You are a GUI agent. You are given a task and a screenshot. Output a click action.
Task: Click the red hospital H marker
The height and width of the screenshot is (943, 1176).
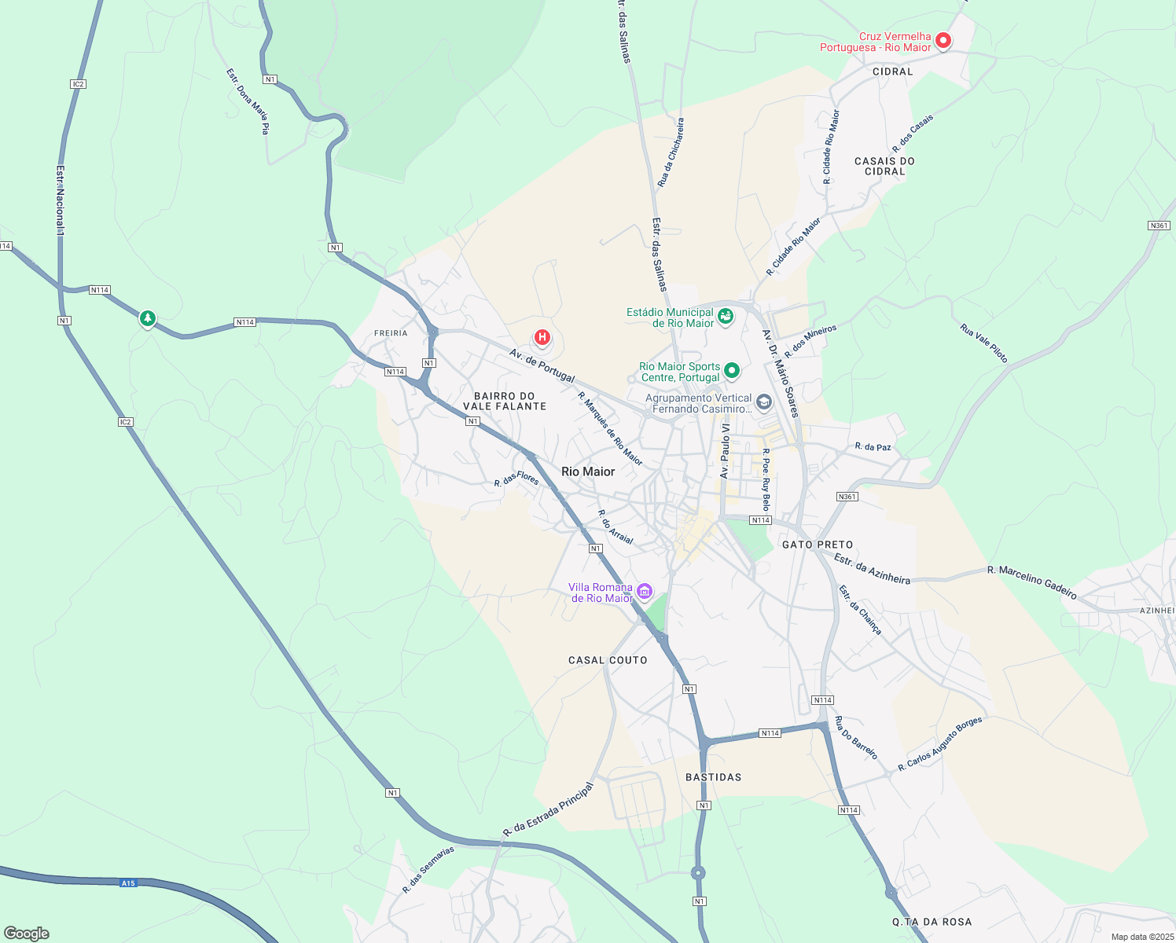point(542,338)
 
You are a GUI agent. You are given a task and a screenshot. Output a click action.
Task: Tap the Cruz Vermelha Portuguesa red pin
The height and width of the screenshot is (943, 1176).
point(943,40)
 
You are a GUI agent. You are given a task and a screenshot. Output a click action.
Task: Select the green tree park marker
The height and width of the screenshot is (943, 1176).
point(147,318)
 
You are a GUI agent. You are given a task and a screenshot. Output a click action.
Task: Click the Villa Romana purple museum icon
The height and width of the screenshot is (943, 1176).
point(645,591)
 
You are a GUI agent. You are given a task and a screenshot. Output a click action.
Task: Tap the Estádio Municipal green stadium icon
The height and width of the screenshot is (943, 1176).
point(726,317)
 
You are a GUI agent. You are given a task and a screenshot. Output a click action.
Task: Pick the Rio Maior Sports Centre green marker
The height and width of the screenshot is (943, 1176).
point(732,370)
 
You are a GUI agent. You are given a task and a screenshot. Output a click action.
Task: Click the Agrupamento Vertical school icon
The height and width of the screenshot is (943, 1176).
point(763,403)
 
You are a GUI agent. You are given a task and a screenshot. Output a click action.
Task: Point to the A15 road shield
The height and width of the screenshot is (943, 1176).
point(128,883)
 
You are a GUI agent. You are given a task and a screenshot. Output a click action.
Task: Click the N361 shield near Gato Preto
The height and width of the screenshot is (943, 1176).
point(847,497)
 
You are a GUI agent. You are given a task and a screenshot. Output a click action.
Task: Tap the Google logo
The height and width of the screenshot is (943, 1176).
point(27,934)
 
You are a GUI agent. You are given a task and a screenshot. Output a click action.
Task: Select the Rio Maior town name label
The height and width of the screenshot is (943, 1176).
point(588,472)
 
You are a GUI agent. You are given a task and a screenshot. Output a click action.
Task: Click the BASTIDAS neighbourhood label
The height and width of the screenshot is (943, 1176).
point(713,777)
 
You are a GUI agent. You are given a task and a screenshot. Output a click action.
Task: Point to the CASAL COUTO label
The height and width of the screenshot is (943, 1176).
point(608,660)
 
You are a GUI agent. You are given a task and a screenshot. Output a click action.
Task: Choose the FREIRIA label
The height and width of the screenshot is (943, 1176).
point(391,333)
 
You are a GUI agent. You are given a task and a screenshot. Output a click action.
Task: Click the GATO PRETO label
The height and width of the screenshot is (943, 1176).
point(818,545)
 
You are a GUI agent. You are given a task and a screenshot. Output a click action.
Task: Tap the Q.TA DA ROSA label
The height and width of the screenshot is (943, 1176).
point(932,922)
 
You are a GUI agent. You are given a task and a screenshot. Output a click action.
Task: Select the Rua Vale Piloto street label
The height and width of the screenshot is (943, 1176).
point(983,343)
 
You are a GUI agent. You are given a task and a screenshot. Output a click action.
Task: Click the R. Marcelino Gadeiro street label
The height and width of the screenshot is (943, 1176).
point(1031,582)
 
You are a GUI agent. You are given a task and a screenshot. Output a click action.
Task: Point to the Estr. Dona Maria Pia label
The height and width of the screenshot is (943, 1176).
point(248,101)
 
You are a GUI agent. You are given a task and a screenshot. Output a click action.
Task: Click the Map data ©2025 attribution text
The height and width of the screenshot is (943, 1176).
point(1141,937)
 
